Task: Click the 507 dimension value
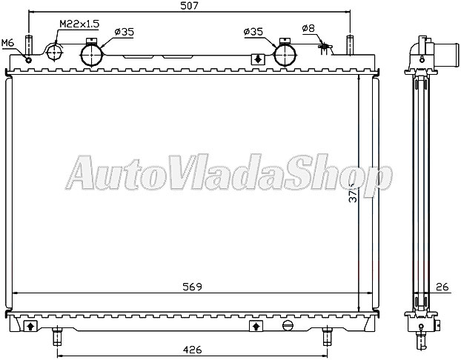click(x=188, y=7)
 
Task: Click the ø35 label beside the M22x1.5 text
click(x=124, y=32)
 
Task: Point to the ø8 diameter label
click(x=308, y=29)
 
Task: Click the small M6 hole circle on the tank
click(x=27, y=59)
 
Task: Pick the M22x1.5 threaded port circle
click(x=57, y=53)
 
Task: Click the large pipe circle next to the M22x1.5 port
click(x=92, y=54)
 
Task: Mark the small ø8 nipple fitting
click(x=322, y=48)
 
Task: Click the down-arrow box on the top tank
click(x=257, y=59)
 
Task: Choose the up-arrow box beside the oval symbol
click(x=255, y=325)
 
